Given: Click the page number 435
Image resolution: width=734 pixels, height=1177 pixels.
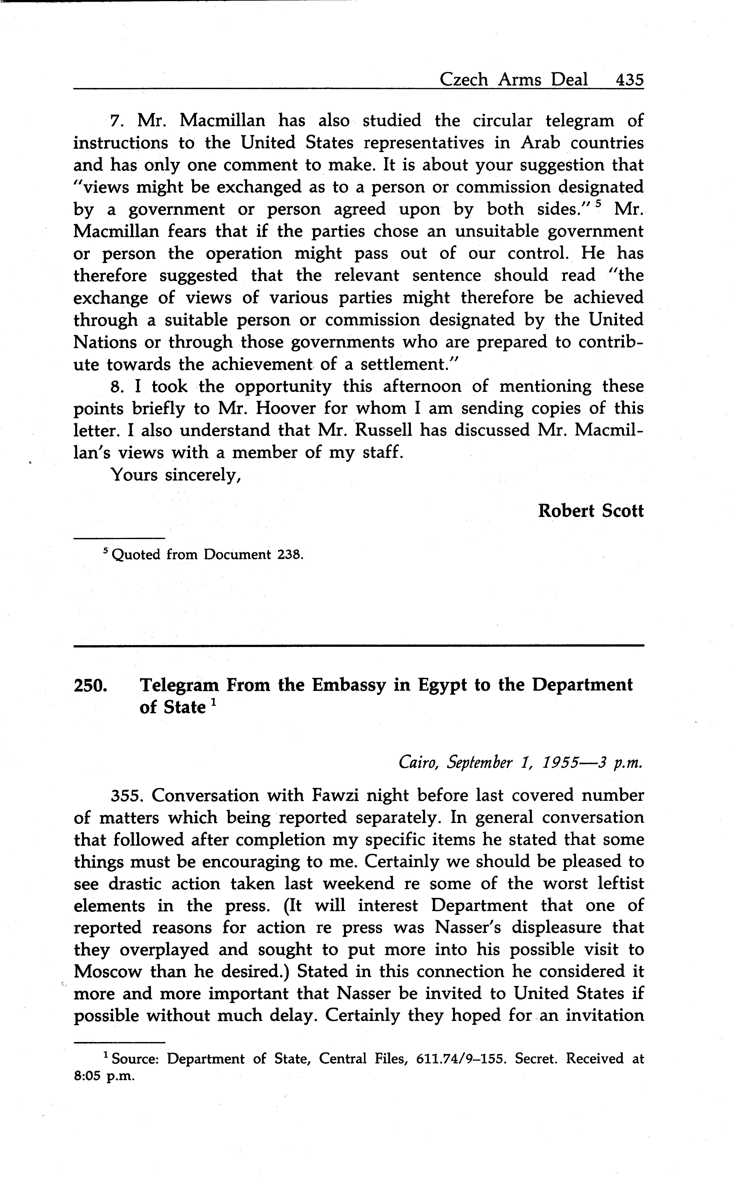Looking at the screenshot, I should click(x=629, y=79).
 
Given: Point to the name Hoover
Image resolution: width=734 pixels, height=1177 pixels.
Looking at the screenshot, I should click(x=286, y=408).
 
